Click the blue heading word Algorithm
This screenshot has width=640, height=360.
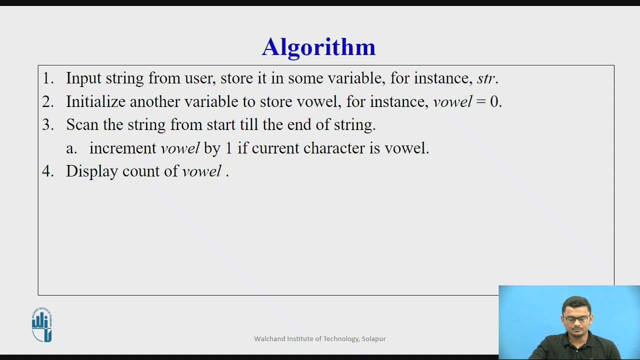(x=318, y=47)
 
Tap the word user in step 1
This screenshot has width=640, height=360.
(x=200, y=78)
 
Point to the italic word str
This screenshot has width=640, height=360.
(x=485, y=78)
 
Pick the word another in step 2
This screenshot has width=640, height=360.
(x=155, y=102)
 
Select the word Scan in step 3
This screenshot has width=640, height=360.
(x=82, y=125)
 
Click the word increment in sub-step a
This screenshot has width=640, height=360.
(x=123, y=148)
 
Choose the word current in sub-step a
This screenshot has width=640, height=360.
(x=275, y=148)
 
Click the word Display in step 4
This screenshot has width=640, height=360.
(x=92, y=171)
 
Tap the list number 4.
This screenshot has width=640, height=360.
(x=47, y=171)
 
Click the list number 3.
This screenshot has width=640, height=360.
(x=47, y=125)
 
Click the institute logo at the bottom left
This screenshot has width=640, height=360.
(x=42, y=325)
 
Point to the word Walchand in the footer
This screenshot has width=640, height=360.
(x=270, y=339)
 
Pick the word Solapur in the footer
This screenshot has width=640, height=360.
(x=374, y=339)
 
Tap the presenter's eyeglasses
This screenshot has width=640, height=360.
(x=576, y=319)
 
